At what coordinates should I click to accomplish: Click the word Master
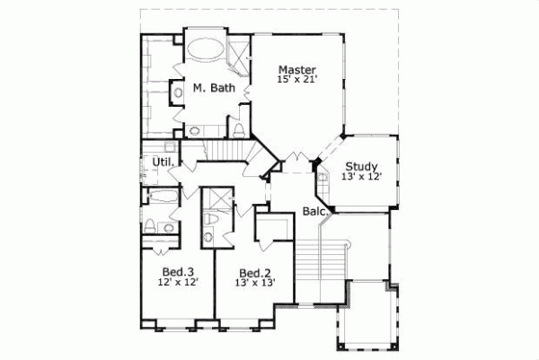pyautogui.click(x=296, y=70)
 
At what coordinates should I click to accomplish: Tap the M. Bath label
pyautogui.click(x=214, y=88)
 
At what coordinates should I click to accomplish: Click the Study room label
pyautogui.click(x=361, y=165)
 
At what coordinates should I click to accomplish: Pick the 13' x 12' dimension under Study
pyautogui.click(x=361, y=177)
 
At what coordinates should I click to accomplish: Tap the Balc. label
pyautogui.click(x=314, y=213)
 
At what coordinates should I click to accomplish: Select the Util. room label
pyautogui.click(x=163, y=162)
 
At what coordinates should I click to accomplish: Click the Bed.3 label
pyautogui.click(x=178, y=271)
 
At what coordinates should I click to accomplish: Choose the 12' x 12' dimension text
pyautogui.click(x=178, y=282)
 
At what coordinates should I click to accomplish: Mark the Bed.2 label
pyautogui.click(x=254, y=272)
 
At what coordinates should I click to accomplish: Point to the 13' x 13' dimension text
pyautogui.click(x=254, y=283)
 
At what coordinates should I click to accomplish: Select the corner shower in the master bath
pyautogui.click(x=239, y=54)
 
